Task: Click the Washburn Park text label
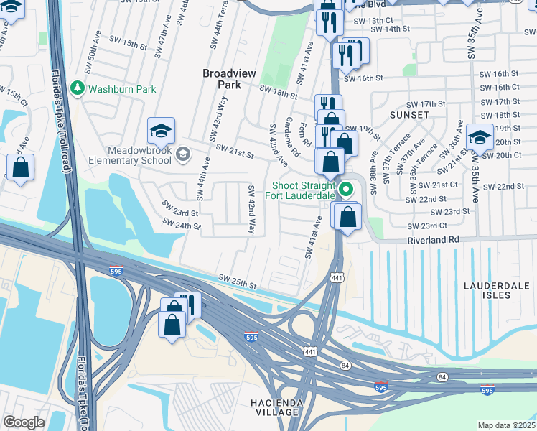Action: pyautogui.click(x=121, y=89)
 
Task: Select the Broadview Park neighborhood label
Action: pyautogui.click(x=228, y=78)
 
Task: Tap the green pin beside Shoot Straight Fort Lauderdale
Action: pyautogui.click(x=347, y=190)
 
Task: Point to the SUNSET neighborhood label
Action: pyautogui.click(x=409, y=115)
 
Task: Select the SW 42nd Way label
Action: pyautogui.click(x=251, y=209)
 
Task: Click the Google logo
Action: pyautogui.click(x=24, y=422)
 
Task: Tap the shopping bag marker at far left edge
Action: pyautogui.click(x=21, y=168)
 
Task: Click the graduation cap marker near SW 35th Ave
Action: pyautogui.click(x=480, y=136)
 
